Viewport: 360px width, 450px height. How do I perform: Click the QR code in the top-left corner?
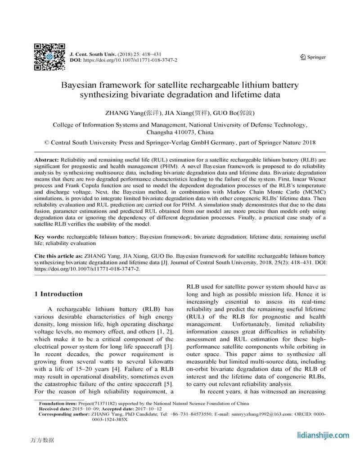click(49, 57)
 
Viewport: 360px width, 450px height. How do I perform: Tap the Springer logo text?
click(314, 57)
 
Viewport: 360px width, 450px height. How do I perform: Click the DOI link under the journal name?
click(130, 60)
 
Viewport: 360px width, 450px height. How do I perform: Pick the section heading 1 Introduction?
click(58, 294)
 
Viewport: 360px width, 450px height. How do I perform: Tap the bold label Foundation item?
click(58, 404)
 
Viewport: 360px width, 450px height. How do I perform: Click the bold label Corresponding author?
click(63, 414)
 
